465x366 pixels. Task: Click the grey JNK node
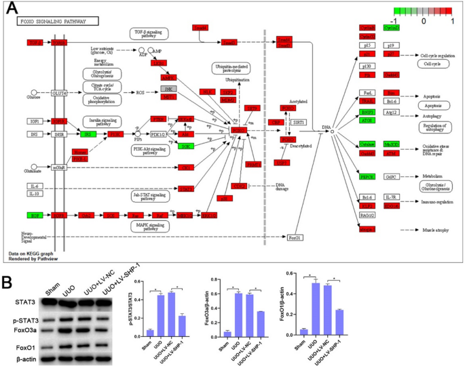pos(169,88)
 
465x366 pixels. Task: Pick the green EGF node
pos(34,215)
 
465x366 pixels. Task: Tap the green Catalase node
pos(367,144)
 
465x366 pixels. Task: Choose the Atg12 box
pos(391,112)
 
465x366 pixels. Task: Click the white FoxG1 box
pos(294,237)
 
